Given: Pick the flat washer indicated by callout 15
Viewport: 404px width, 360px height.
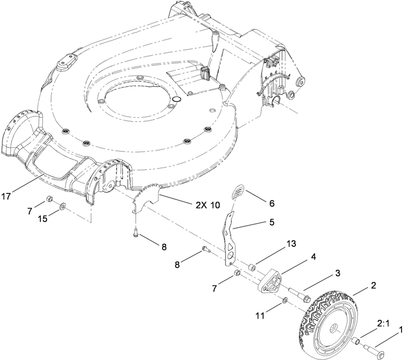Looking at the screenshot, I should coord(61,207).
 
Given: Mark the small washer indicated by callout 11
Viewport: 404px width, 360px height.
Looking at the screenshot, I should coord(285,301).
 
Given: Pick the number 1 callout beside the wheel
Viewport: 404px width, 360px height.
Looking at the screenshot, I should coord(401,329).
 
